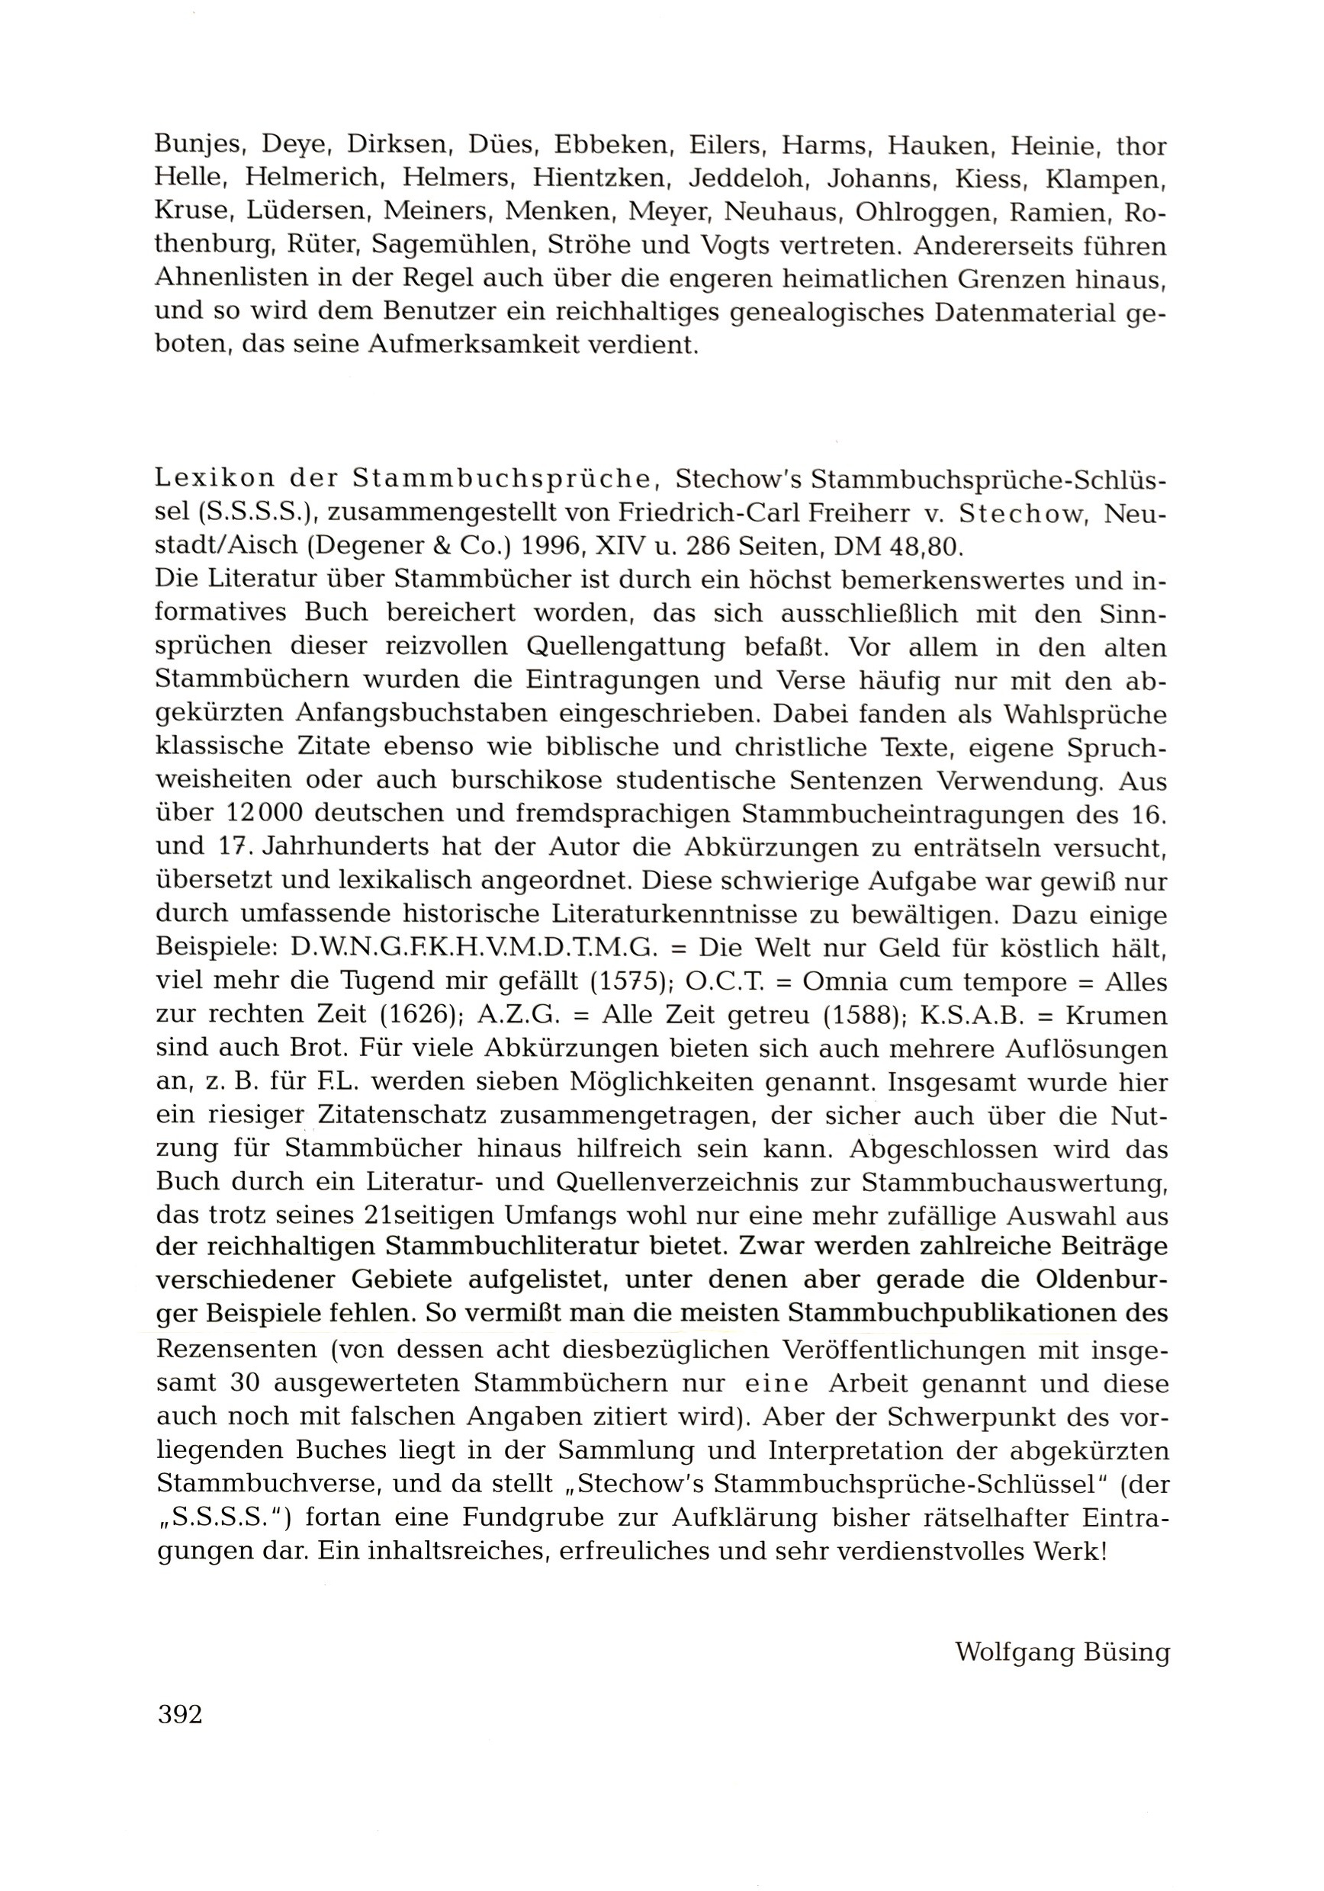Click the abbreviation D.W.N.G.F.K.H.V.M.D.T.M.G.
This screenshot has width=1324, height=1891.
click(473, 948)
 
